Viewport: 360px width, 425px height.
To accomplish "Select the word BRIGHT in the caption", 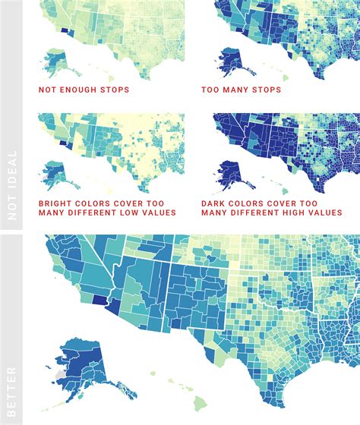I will point(58,203).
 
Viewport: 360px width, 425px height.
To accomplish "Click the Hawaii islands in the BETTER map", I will point(169,379).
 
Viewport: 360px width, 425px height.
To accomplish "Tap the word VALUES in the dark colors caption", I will point(327,213).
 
